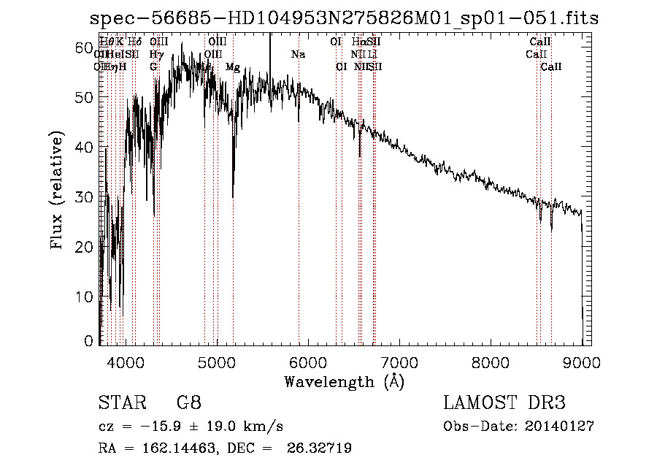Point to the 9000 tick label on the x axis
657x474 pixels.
(582, 362)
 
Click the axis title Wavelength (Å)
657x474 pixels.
(344, 381)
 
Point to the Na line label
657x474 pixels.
(298, 55)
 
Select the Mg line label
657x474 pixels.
(233, 67)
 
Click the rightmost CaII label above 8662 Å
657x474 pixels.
(551, 67)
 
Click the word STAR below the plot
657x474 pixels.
(121, 403)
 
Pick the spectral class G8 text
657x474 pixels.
(189, 403)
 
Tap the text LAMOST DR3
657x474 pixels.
(504, 403)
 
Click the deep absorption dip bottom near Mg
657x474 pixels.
(233, 196)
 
